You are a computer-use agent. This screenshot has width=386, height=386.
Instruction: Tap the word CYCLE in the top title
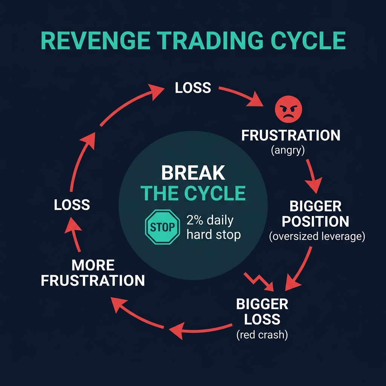click(308, 41)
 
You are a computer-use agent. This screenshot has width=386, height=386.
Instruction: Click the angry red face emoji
click(288, 109)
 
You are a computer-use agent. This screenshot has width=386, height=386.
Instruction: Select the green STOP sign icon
click(162, 227)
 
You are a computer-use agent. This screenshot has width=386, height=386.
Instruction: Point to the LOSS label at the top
click(193, 87)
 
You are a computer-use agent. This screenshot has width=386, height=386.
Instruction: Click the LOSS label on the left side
click(72, 205)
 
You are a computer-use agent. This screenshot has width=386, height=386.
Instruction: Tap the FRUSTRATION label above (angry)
click(291, 135)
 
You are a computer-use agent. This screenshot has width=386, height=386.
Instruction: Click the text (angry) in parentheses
click(288, 150)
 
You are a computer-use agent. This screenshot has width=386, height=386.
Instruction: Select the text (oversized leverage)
click(317, 236)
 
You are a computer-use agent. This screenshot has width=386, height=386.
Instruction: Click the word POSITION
click(316, 221)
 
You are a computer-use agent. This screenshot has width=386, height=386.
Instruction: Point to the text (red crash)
click(262, 335)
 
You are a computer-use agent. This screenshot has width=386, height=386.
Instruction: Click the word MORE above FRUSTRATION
click(93, 265)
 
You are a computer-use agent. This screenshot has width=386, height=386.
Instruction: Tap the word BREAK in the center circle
click(193, 173)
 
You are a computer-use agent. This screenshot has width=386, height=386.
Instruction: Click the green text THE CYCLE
click(193, 193)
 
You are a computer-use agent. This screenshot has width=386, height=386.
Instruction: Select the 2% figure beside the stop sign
click(195, 220)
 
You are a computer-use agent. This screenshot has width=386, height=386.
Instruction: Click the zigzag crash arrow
click(259, 282)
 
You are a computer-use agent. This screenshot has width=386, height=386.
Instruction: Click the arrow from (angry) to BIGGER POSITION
click(312, 176)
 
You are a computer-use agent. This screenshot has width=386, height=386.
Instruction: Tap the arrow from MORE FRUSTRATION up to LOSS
click(74, 234)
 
